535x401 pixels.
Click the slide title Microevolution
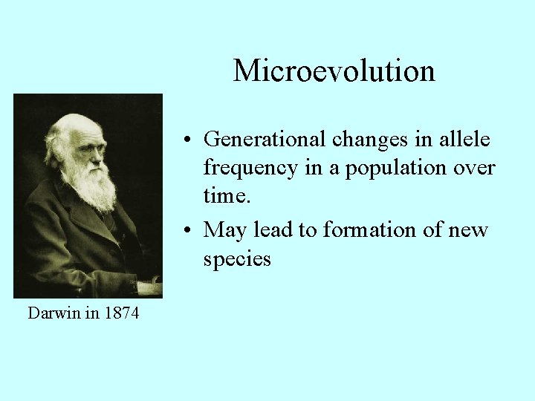tap(334, 71)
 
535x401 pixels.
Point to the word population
tap(394, 169)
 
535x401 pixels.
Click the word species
tap(237, 259)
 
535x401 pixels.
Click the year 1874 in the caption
tap(121, 313)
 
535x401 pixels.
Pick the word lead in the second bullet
tap(274, 229)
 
